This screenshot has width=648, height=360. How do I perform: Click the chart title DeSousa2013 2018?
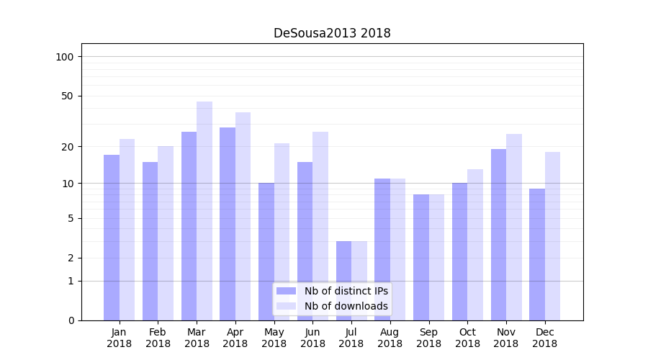tap(332, 33)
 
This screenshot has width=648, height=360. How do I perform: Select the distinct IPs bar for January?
tap(112, 238)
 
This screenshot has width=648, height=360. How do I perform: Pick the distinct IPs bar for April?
tap(228, 224)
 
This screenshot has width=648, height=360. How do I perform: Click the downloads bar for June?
tap(320, 226)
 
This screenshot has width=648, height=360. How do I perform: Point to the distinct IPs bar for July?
tap(343, 281)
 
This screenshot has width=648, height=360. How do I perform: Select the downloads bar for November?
tap(514, 227)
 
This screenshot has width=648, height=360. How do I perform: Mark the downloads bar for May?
tap(282, 232)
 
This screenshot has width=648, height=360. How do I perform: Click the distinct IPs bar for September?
tap(421, 257)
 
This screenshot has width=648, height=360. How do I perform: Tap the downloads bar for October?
tap(475, 245)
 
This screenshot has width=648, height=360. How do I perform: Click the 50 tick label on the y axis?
tap(68, 96)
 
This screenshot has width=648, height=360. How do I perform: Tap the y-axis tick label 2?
tap(71, 258)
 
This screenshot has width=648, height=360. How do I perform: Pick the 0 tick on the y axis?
tap(71, 320)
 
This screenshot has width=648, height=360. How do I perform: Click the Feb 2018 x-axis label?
tap(158, 338)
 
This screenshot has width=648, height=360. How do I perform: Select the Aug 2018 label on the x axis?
tap(390, 338)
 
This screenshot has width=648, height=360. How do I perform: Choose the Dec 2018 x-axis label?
tap(544, 338)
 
